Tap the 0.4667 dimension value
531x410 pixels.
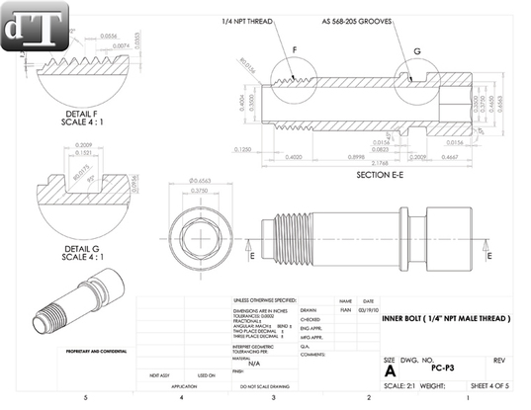448,155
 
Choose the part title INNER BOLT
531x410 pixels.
445,318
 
